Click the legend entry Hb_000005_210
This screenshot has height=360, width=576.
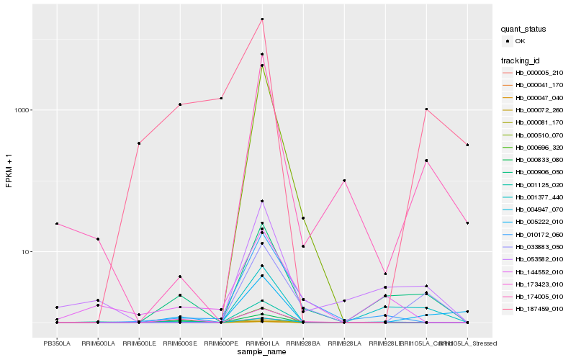(x=539, y=73)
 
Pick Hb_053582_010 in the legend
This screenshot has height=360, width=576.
(x=539, y=260)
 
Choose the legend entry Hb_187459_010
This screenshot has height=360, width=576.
(x=539, y=310)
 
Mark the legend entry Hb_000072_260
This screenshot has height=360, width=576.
(x=539, y=110)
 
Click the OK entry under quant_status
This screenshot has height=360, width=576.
(x=521, y=41)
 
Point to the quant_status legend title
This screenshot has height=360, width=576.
(x=523, y=29)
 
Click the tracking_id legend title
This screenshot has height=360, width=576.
(x=521, y=60)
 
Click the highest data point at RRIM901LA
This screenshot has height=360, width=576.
(x=262, y=19)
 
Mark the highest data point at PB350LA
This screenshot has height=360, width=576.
(x=57, y=224)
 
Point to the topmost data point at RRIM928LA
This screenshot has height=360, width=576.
(x=344, y=181)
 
